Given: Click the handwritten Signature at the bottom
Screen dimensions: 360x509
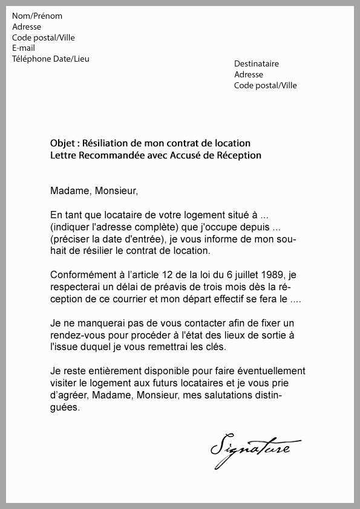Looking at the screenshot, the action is point(255,447).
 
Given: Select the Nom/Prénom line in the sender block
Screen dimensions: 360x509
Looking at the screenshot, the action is point(37,16).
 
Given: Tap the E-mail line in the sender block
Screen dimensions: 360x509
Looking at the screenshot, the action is point(24,48).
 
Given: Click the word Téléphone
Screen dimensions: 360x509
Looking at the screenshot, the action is point(31,59).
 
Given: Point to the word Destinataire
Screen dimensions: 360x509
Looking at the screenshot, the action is point(257,64).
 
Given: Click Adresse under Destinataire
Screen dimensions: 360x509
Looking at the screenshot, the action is point(249,75).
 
